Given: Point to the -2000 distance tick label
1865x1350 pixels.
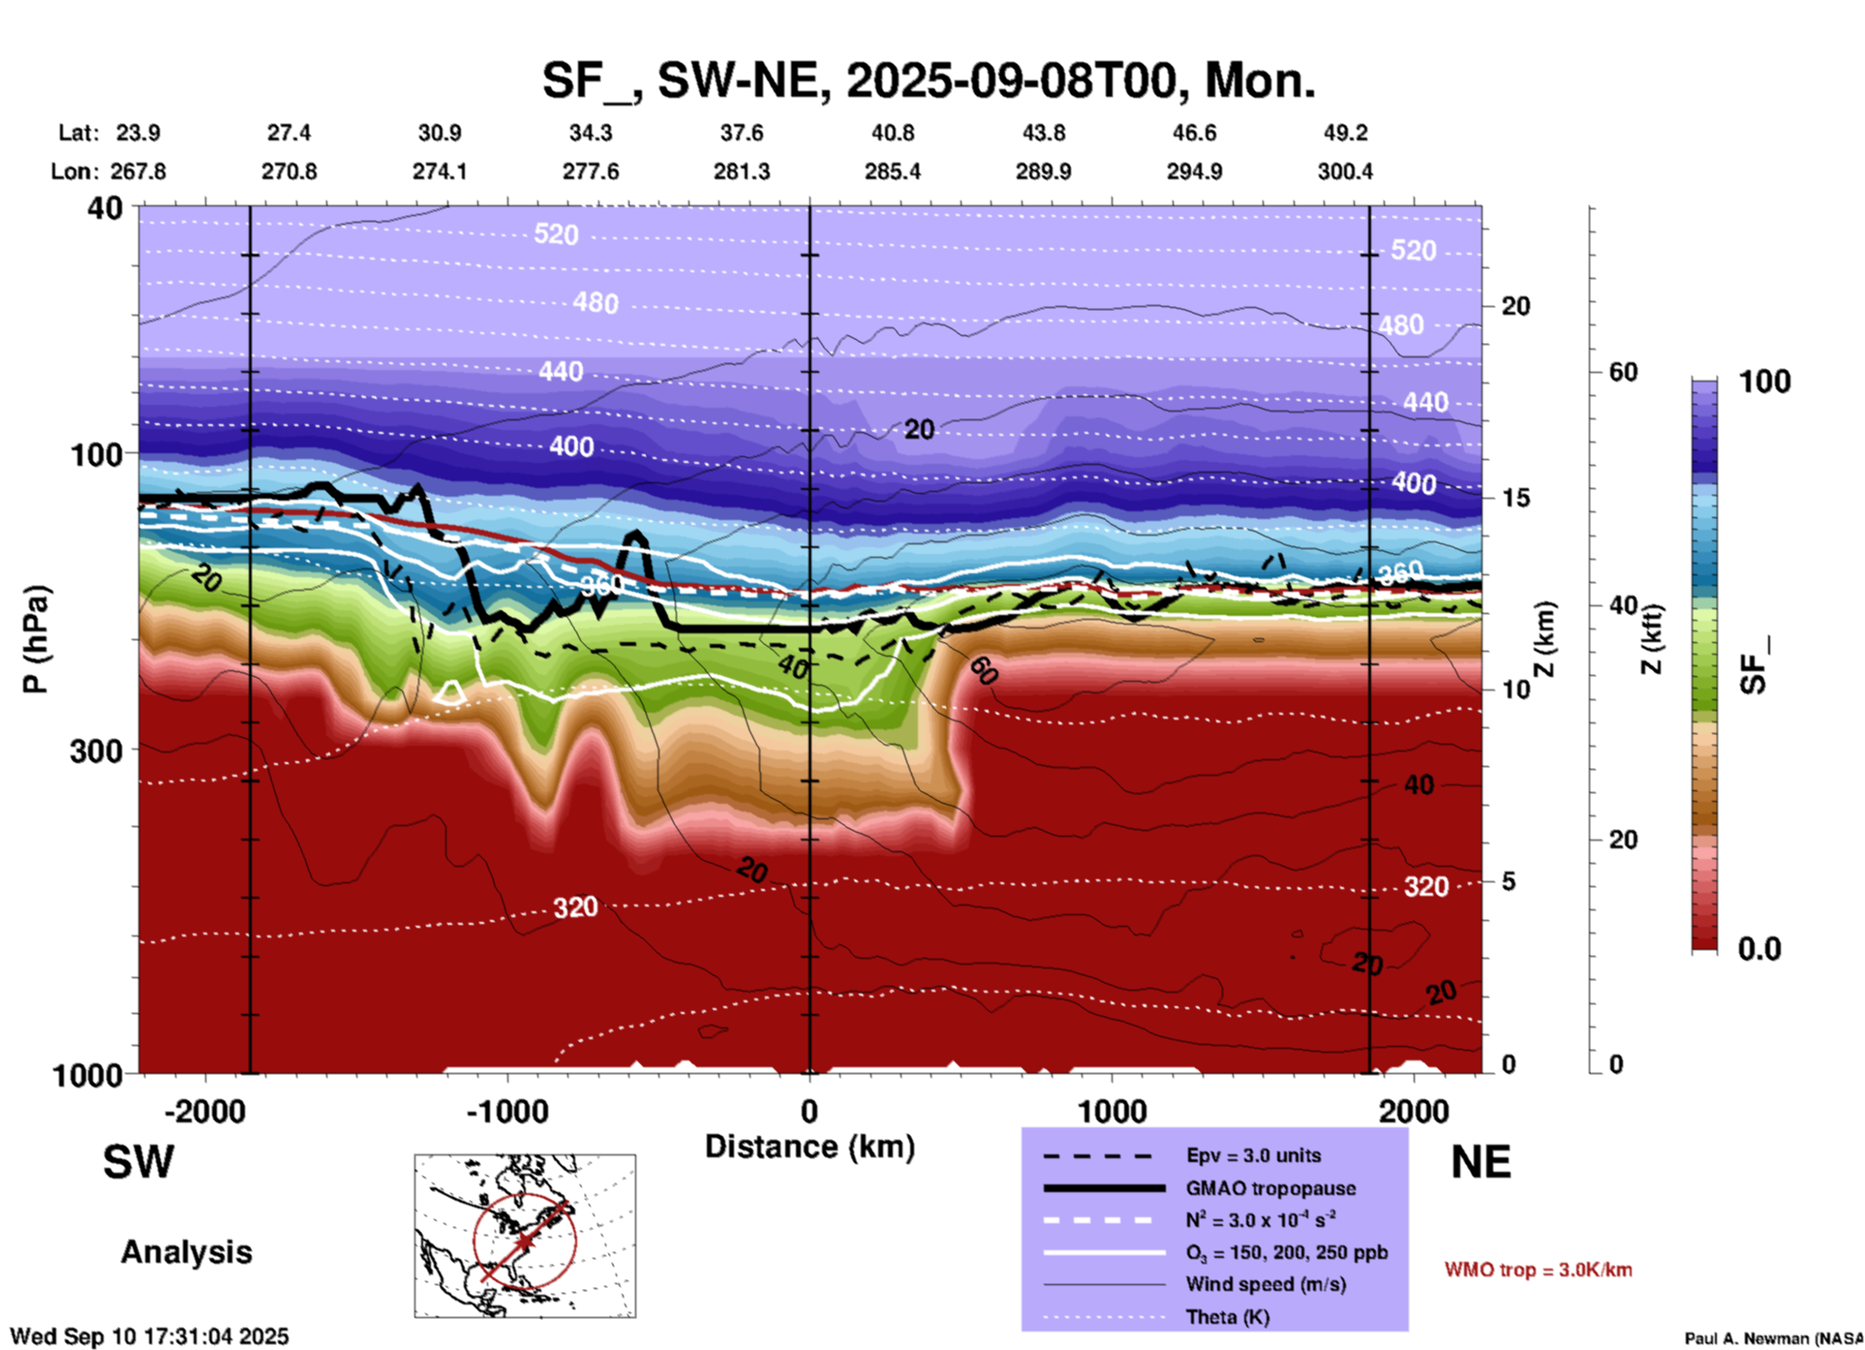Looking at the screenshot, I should point(204,1111).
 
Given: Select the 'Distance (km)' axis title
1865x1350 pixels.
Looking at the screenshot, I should point(810,1147).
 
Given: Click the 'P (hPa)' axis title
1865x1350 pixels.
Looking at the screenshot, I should point(36,638).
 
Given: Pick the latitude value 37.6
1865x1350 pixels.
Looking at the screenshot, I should point(742,133).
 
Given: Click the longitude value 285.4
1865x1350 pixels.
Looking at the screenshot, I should point(892,171).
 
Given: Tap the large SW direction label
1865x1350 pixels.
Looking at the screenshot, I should point(138,1162).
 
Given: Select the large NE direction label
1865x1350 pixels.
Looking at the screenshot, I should point(1481,1162).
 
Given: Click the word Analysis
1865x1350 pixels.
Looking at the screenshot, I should point(186,1252).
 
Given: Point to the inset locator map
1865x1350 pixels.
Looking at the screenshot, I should point(525,1236).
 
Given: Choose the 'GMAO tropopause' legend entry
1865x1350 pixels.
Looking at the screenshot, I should point(1270,1188).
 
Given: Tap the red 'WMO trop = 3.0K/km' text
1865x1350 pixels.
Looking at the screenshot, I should point(1538,1270).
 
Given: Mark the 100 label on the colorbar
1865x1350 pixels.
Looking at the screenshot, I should point(1764,382).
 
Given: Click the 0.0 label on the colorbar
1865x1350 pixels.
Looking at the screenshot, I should point(1759,949).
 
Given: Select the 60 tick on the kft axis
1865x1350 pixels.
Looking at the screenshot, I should point(1623,372).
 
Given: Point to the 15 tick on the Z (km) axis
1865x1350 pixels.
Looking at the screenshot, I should point(1515,498).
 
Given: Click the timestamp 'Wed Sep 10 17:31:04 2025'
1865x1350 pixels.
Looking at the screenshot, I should point(149,1336).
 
